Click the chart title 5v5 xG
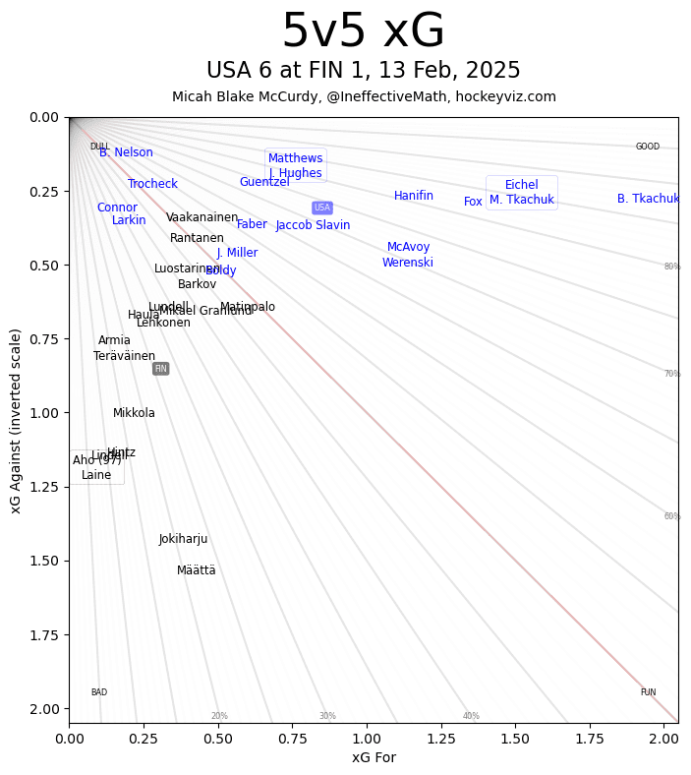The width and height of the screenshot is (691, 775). pos(363,31)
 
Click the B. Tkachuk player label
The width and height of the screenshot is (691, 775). pos(648,199)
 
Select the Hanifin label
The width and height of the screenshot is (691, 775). pos(414,196)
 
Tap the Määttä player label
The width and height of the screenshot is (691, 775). pos(197,570)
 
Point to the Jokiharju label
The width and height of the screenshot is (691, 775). pos(184,539)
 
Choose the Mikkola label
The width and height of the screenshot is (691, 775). pos(134,413)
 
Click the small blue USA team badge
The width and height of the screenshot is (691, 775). pos(322,208)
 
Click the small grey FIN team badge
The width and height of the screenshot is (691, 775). pos(161,369)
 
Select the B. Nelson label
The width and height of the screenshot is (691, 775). pos(126,152)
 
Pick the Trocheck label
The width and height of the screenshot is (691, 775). pos(153,184)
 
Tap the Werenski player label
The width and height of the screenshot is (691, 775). pos(408,263)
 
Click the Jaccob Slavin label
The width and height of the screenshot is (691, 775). pos(313,225)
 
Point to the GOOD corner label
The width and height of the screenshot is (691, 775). pos(648,147)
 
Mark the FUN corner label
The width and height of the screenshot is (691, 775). pos(648,692)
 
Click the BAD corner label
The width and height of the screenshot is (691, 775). pos(99,692)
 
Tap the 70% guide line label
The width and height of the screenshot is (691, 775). pos(672,374)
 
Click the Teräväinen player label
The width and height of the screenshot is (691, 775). pos(125,356)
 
